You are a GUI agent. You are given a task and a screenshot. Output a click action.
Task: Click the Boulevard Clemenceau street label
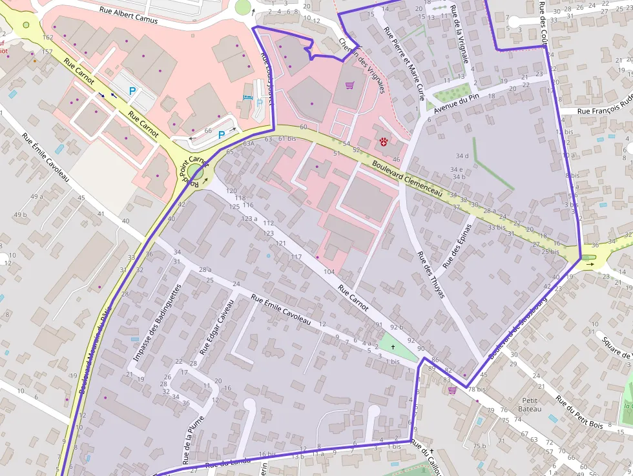click(x=407, y=178)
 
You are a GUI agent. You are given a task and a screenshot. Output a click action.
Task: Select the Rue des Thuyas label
click(x=431, y=274)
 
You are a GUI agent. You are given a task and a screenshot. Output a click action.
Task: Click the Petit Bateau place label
click(x=530, y=404)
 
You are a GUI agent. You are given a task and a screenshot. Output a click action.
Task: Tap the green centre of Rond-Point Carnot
click(x=196, y=172)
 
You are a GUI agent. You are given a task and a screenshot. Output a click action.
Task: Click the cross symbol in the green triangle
click(x=392, y=347)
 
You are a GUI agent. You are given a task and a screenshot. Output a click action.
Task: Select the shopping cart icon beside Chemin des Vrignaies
click(x=349, y=85)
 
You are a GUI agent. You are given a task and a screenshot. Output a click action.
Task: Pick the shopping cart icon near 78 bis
click(x=452, y=389)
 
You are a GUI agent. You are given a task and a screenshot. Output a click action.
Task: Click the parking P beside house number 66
click(x=222, y=135)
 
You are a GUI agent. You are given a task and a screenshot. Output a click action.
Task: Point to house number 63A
click(x=249, y=144)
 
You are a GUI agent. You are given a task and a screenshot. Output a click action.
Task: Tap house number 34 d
click(x=462, y=156)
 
